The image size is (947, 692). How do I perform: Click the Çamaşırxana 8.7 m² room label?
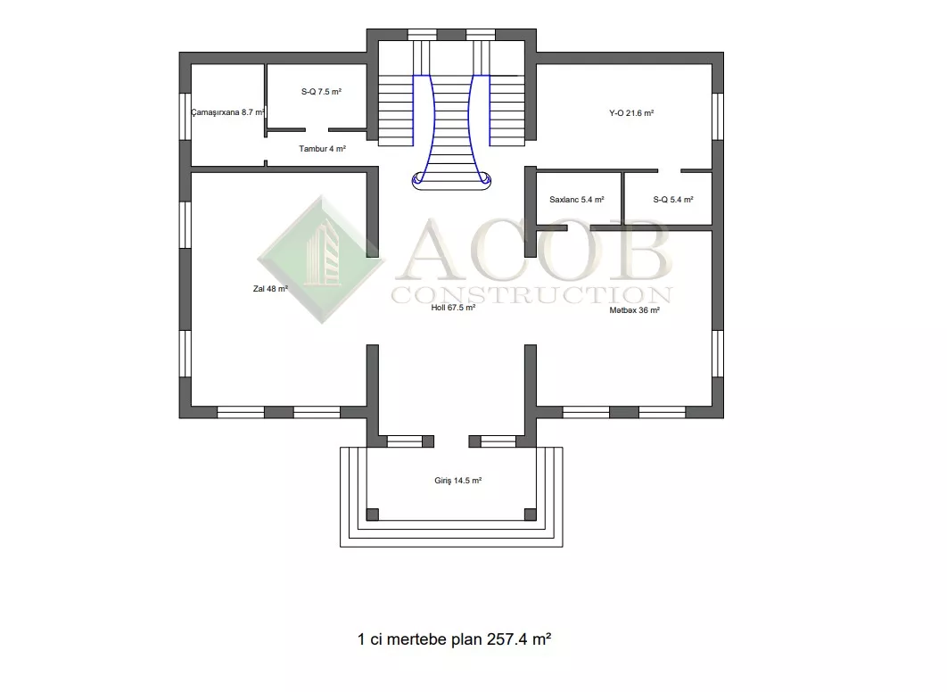pos(227,112)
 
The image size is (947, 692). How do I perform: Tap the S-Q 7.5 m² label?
pos(321,92)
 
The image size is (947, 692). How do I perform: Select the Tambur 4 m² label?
pos(323,149)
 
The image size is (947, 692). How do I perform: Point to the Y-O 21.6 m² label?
pos(631,113)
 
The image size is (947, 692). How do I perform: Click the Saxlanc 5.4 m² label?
pos(577,199)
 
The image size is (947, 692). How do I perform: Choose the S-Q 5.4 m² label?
pos(673,199)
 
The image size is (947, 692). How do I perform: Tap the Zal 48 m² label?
pos(270,289)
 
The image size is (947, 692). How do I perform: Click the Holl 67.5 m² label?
pos(453,308)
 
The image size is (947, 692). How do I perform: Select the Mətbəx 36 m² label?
pos(634,309)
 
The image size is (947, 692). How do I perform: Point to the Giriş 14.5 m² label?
pos(457,481)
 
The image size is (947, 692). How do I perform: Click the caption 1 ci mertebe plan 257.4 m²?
pos(454,638)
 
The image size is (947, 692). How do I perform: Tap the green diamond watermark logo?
pos(321,259)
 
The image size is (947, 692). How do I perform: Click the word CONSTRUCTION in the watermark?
pos(532,294)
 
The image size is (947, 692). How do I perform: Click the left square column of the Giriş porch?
pos(373,515)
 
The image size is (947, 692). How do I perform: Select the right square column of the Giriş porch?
pos(531,515)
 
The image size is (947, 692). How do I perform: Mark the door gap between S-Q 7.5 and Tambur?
pos(317,130)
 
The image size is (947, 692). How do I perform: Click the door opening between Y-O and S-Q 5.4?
pos(669,171)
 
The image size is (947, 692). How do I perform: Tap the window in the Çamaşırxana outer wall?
pos(185,117)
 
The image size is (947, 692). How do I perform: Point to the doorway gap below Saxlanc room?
pos(579,228)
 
